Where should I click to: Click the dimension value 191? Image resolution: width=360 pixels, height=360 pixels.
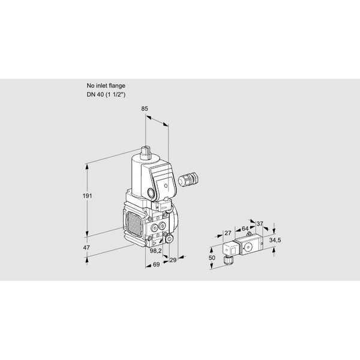coord(87,196)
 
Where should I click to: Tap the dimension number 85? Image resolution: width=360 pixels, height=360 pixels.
coord(145,109)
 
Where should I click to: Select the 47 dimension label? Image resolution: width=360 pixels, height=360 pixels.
coord(86,248)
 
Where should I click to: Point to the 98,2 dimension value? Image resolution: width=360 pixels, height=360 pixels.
coord(155,251)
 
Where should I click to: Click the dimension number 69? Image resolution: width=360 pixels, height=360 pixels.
coord(156,265)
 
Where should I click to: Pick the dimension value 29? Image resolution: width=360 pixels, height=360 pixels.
coord(173,260)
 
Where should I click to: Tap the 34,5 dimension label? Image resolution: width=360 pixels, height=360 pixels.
coord(275,241)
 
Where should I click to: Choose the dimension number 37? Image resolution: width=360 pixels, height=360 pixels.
coord(260,223)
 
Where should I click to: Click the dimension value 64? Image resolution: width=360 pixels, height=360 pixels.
coord(245,229)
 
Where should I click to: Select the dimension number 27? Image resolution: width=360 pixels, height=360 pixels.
coord(227,233)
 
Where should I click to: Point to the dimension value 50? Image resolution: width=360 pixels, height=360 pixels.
coord(212,257)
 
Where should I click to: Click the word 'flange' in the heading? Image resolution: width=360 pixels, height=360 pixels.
coord(117,86)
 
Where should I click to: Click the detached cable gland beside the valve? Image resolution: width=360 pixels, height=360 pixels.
coord(188,178)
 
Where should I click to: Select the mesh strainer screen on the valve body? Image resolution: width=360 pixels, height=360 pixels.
coord(133,224)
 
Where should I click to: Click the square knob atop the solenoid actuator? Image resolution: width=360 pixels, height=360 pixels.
coord(146,152)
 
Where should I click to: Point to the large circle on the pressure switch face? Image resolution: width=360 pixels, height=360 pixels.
coord(248,247)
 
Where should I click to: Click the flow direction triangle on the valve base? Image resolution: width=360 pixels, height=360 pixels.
coord(154,243)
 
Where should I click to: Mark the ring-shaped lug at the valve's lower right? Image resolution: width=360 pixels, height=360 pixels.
coord(170,239)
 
